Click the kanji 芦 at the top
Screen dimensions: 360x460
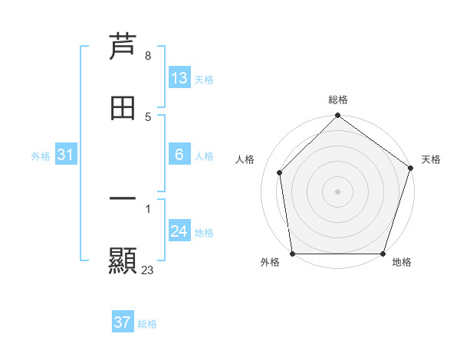(x=123, y=47)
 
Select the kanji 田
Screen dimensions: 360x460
(x=123, y=108)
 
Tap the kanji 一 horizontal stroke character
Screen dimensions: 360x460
(x=123, y=200)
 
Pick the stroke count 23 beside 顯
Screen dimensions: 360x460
(x=147, y=270)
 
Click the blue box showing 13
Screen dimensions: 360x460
(x=179, y=78)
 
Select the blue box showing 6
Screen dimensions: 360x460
(x=179, y=155)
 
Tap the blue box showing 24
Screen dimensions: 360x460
(x=179, y=231)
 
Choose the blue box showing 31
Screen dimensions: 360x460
(x=65, y=155)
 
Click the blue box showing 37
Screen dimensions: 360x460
(x=122, y=322)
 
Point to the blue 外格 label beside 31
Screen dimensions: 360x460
(x=41, y=155)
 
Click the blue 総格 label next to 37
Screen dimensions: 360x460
(x=147, y=324)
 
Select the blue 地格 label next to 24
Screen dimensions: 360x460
(x=204, y=233)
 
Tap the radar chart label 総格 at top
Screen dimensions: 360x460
(x=338, y=100)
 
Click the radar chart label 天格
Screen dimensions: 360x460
(x=431, y=159)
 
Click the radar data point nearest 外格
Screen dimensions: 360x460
(x=292, y=254)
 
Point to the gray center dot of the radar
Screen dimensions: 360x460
(x=338, y=191)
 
